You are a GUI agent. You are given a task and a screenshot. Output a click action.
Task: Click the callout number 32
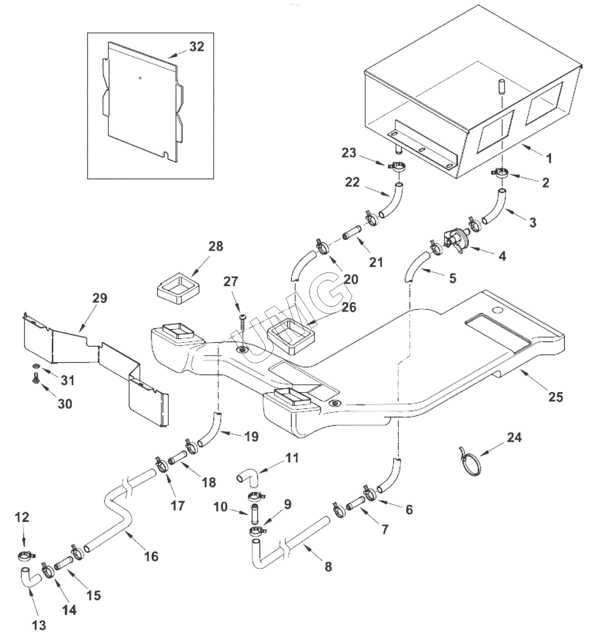[x=197, y=46]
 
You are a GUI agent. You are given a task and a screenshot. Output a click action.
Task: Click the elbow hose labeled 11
[x=247, y=475]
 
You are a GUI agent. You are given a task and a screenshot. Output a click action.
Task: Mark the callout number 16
[x=151, y=556]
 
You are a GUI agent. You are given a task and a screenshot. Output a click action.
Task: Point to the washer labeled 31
[x=35, y=366]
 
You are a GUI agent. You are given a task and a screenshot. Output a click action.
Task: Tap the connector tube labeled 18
[x=178, y=458]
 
